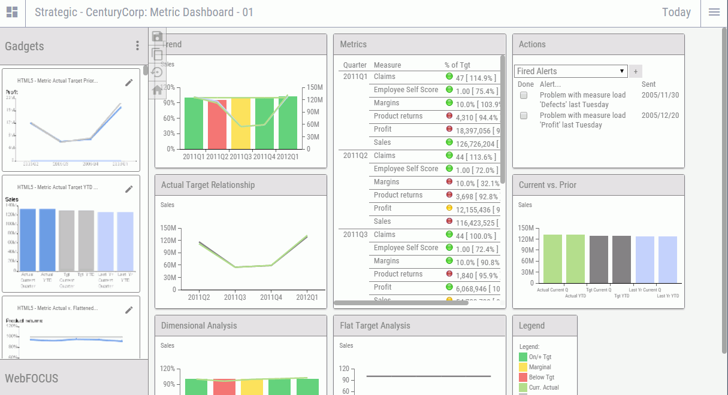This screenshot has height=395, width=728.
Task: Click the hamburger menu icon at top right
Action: point(714,13)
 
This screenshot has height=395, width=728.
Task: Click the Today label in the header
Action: point(676,13)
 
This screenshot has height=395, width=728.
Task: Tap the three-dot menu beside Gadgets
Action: point(137,46)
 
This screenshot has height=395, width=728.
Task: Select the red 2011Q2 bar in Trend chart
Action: point(217,124)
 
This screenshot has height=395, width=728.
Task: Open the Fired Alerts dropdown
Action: point(570,71)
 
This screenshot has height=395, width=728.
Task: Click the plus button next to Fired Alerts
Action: point(636,71)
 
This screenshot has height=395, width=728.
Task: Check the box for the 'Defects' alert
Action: point(524,96)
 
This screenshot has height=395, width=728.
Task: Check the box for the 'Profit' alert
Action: point(524,116)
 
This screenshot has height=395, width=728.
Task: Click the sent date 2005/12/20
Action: point(660,116)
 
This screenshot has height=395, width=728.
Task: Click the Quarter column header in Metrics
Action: point(355,65)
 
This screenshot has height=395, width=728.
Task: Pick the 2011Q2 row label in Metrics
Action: point(355,156)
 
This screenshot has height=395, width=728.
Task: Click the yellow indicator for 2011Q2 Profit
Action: point(449,208)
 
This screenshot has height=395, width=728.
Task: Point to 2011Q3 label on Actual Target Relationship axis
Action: point(235,297)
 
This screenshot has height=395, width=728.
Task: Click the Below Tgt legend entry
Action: point(541,378)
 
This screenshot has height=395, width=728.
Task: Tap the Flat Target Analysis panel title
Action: point(375,326)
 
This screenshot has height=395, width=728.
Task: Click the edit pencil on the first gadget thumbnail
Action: point(129,83)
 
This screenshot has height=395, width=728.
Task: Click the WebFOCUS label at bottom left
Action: point(32,378)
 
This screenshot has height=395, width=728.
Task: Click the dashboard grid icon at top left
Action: point(12,13)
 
